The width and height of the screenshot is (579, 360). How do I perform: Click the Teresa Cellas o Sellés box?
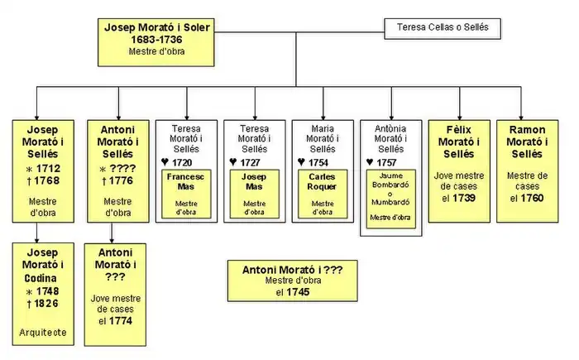click(443, 28)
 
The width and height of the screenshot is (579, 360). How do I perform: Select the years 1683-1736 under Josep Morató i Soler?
click(157, 40)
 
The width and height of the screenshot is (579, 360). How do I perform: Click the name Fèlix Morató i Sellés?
click(458, 142)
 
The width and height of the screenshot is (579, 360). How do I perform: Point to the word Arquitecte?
click(42, 333)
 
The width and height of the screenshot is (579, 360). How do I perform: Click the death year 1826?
click(46, 304)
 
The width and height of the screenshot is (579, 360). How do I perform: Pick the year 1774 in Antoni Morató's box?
click(121, 321)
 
